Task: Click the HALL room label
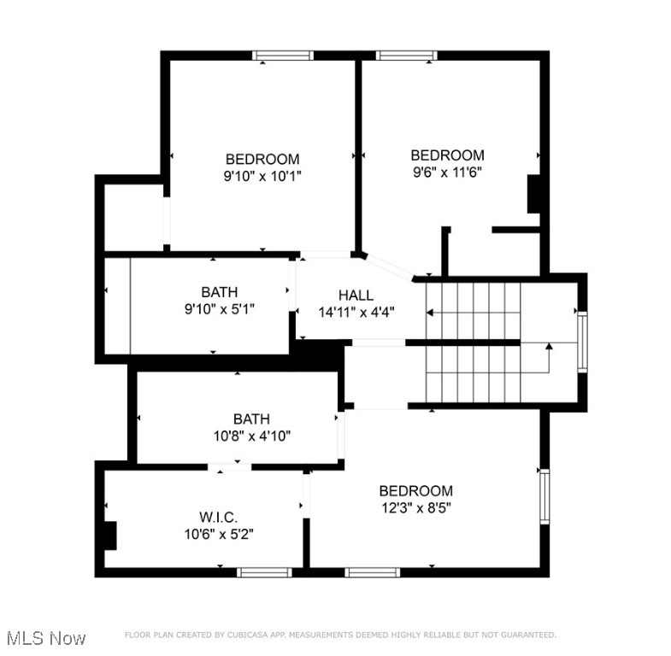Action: point(356,295)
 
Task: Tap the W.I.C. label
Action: point(218,518)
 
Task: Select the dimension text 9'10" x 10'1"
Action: point(262,176)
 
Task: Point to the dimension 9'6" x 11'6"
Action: point(447,173)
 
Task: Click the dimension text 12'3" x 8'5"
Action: point(416,508)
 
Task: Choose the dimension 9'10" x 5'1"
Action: point(219,308)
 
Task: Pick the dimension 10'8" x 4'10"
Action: point(252,436)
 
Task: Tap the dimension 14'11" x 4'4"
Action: point(356,312)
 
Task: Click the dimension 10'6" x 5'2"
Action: point(219,534)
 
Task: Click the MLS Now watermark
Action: point(46,638)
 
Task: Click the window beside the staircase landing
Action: point(582,343)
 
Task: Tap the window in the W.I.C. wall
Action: point(264,572)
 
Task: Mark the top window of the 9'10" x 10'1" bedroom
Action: point(283,56)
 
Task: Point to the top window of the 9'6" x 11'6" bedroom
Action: point(407,56)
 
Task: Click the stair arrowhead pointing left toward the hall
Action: point(430,313)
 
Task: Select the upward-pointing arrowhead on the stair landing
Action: point(549,346)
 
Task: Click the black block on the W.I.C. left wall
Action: point(110,536)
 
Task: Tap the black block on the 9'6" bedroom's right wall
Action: point(533,194)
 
